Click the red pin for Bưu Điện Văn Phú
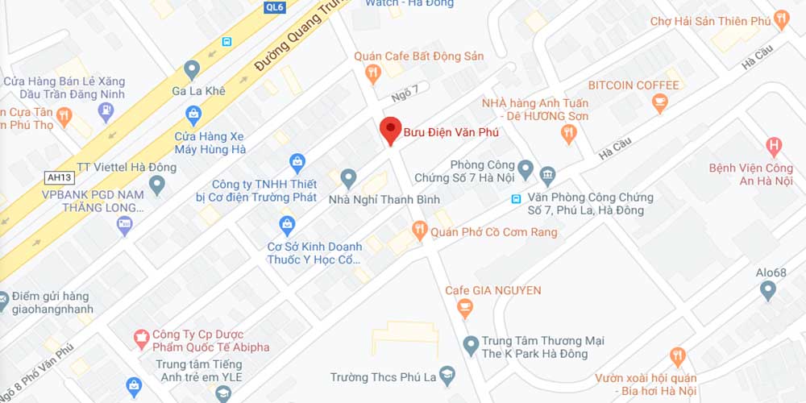coord(391,130)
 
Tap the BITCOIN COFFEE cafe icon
coord(660,102)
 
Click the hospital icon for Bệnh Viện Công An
coord(774,147)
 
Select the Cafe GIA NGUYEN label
coord(493,290)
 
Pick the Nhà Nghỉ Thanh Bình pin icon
coord(349,177)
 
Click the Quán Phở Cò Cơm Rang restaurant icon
coord(419,232)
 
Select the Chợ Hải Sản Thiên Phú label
coord(710,21)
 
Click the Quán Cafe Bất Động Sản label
coord(419,56)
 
